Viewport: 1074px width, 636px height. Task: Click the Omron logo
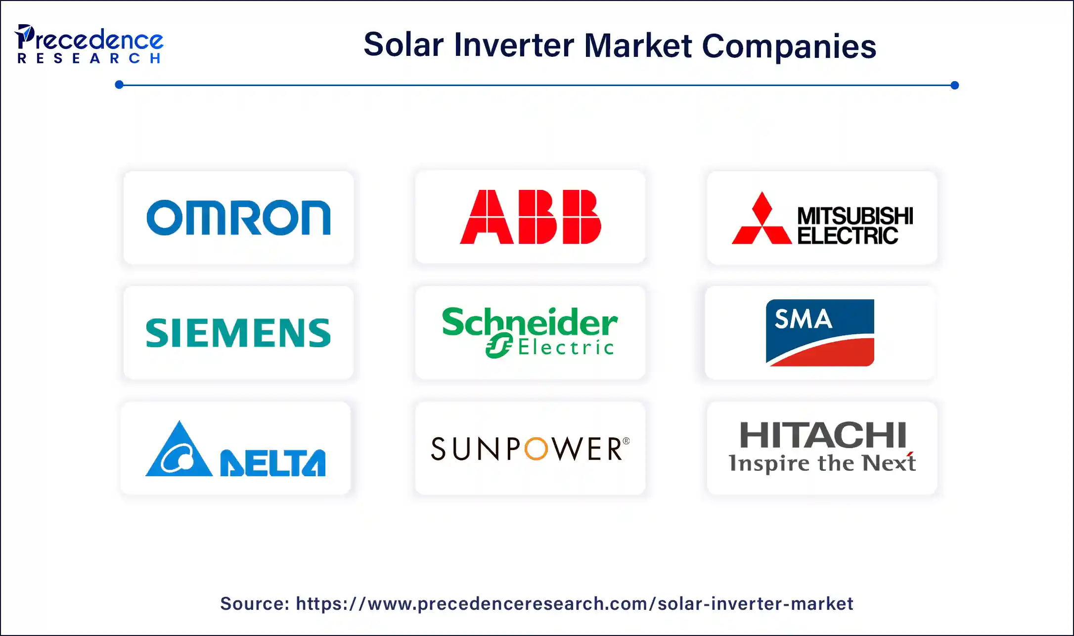(x=238, y=218)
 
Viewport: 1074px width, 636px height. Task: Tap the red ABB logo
(x=530, y=217)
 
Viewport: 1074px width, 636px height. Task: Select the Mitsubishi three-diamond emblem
(x=761, y=219)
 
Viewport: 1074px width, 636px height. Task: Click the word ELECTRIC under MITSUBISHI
(x=847, y=236)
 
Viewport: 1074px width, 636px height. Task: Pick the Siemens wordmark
(x=238, y=333)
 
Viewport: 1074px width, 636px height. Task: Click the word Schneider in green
(x=529, y=321)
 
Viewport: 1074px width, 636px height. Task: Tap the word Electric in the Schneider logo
(x=566, y=348)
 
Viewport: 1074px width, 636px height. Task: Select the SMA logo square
(x=820, y=332)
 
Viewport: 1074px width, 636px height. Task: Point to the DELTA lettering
(x=273, y=463)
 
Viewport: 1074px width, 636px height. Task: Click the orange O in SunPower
(x=536, y=449)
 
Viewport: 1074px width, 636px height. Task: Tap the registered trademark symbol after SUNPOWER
(x=626, y=441)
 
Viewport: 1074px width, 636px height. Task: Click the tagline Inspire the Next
(x=822, y=463)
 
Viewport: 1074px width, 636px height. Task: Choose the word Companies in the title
(x=789, y=46)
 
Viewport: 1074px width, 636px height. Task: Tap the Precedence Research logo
(x=89, y=45)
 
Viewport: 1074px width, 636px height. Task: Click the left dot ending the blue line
(x=119, y=85)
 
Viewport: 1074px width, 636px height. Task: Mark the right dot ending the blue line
(x=954, y=85)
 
